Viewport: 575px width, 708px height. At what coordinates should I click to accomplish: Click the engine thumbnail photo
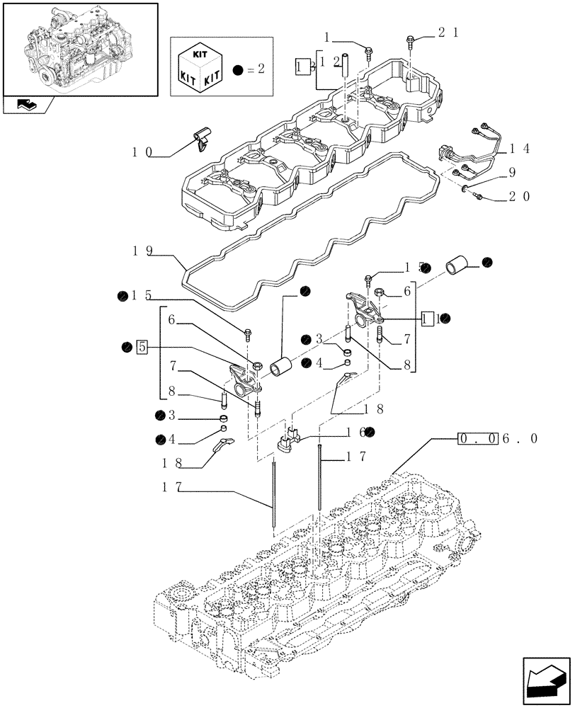coord(79,47)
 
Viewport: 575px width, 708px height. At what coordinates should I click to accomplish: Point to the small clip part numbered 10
coord(202,137)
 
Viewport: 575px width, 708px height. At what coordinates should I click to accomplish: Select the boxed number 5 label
coord(142,347)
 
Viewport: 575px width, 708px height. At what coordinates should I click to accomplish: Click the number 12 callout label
coord(331,62)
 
